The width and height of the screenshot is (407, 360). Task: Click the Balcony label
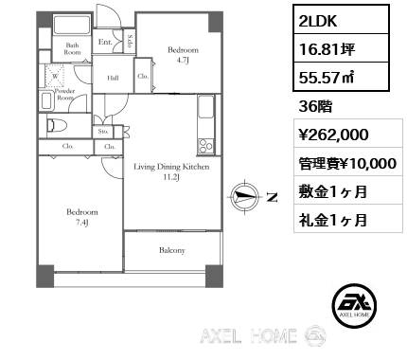tap(172, 250)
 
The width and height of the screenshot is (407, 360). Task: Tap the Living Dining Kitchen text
tap(171, 167)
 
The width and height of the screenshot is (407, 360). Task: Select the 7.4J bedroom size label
tap(81, 223)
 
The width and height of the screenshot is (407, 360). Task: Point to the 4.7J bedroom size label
tap(183, 61)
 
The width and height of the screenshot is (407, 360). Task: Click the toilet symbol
tap(57, 126)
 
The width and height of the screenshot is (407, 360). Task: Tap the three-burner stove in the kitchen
tap(205, 147)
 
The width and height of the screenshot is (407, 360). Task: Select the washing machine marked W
tap(55, 76)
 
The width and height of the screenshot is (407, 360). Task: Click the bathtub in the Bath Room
tap(73, 24)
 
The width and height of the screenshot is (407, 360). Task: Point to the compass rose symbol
tap(245, 196)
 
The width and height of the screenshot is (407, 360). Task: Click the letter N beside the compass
tap(273, 197)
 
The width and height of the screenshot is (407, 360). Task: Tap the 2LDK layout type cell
tap(341, 19)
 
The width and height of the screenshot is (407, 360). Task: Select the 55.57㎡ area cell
tap(341, 77)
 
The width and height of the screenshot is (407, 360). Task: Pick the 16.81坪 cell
tap(341, 48)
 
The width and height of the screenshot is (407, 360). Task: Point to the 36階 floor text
tap(315, 107)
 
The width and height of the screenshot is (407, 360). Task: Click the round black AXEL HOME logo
tap(354, 305)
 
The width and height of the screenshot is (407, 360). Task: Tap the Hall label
tap(113, 78)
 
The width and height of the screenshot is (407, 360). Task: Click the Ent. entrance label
tap(105, 42)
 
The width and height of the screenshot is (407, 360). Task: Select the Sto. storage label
tap(103, 132)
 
